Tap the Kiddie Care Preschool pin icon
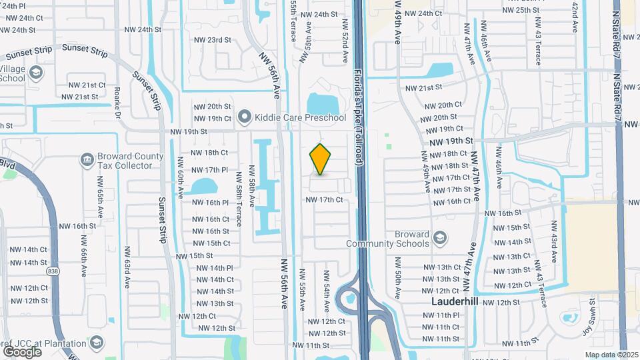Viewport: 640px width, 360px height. click(245, 118)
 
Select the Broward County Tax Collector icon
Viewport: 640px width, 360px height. click(87, 159)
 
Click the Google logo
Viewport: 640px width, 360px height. click(22, 351)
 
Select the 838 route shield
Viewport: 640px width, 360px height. click(53, 272)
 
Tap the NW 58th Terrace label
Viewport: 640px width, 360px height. click(238, 194)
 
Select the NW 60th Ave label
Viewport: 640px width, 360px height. click(181, 178)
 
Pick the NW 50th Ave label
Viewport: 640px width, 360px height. click(397, 283)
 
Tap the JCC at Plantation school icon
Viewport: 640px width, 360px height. click(97, 343)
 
